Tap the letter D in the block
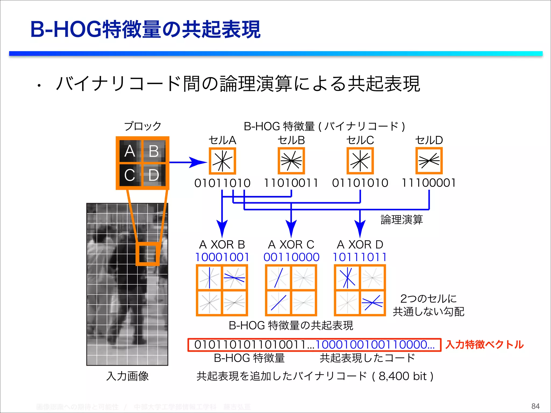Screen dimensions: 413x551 [154, 175]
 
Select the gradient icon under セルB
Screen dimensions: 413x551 [291, 161]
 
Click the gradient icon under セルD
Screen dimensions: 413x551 [429, 161]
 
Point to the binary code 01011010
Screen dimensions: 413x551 [222, 183]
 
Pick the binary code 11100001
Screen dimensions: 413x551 [429, 183]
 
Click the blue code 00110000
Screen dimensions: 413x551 [291, 257]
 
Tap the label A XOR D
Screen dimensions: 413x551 [360, 245]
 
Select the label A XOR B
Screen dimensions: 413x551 [222, 245]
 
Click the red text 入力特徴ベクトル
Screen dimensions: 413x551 [485, 345]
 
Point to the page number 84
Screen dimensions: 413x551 [535, 406]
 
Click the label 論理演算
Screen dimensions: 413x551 [402, 220]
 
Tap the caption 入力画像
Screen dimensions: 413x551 [128, 376]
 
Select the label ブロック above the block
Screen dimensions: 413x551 [143, 126]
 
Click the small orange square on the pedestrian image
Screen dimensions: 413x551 [147, 254]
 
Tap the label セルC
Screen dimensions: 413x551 [360, 140]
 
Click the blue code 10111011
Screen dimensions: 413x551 [360, 257]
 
